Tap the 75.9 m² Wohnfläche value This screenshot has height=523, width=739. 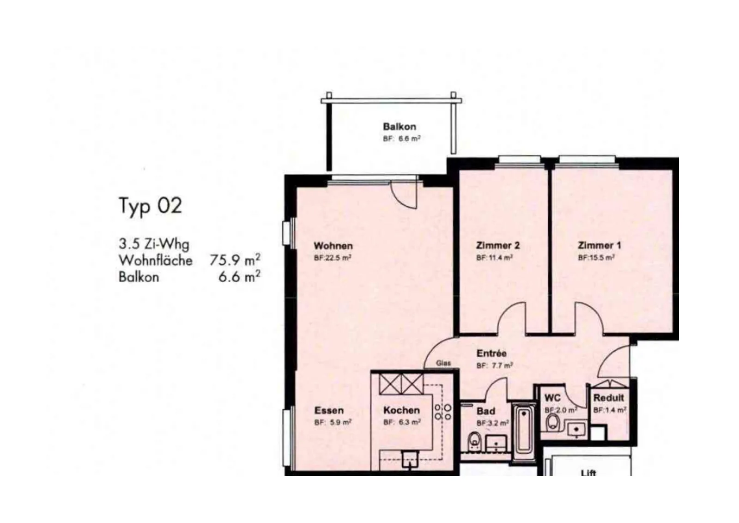point(235,260)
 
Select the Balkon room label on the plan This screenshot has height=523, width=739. point(399,127)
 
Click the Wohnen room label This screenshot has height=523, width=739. point(333,246)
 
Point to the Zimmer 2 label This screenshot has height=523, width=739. point(498,245)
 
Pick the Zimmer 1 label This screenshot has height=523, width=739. point(600,245)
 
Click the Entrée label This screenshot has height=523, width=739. point(491,353)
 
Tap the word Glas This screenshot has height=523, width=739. point(443,363)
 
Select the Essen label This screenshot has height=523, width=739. point(329,410)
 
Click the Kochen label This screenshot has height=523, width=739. point(401,410)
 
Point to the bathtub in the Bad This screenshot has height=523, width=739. point(524,430)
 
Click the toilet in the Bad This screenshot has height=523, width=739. point(474,441)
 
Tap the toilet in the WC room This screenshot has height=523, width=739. point(552,423)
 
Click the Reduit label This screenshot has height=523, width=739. point(609,398)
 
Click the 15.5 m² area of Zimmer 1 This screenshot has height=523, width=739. point(596,258)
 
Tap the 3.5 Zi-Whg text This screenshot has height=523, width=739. point(154,244)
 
